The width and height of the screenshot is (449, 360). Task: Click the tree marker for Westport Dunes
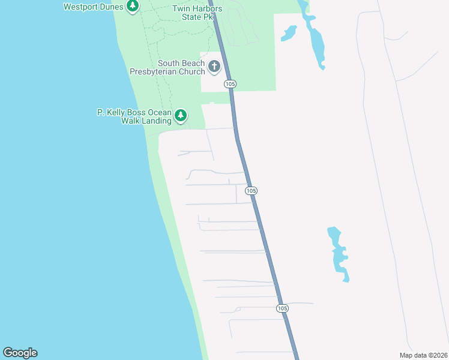133,7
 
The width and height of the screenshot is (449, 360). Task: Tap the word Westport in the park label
81,7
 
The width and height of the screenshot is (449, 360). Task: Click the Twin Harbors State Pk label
197,13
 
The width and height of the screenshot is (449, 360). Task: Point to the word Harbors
207,8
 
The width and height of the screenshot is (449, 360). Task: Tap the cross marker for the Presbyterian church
214,67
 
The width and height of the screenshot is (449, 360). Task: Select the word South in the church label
170,63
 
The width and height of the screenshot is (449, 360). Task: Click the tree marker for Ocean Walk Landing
181,115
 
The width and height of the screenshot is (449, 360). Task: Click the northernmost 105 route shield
230,84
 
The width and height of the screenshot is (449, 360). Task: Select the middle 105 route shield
252,190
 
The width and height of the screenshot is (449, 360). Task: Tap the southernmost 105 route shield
283,308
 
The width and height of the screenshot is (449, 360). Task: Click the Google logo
20,353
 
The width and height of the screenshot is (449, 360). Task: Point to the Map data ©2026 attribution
423,355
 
